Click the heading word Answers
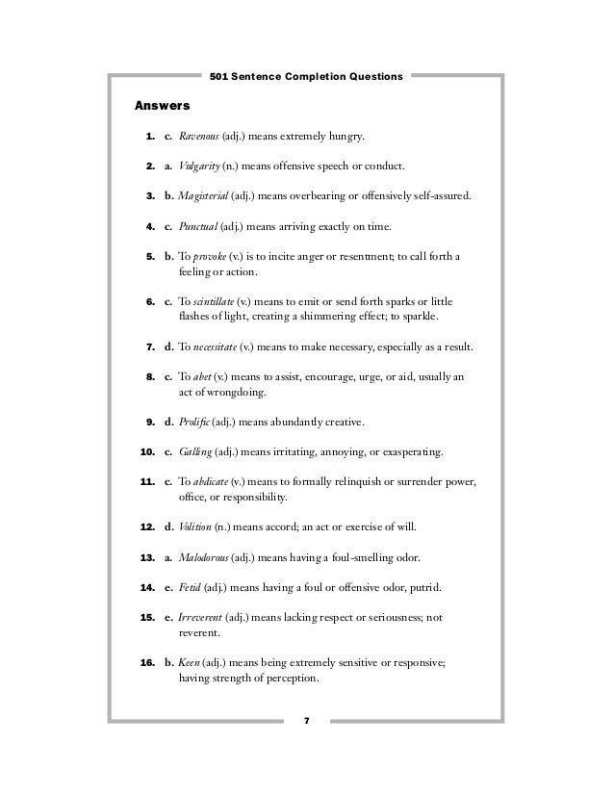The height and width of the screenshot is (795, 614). click(x=163, y=104)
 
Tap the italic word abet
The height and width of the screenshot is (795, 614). click(x=203, y=375)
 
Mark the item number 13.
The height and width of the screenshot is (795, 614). click(x=148, y=556)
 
